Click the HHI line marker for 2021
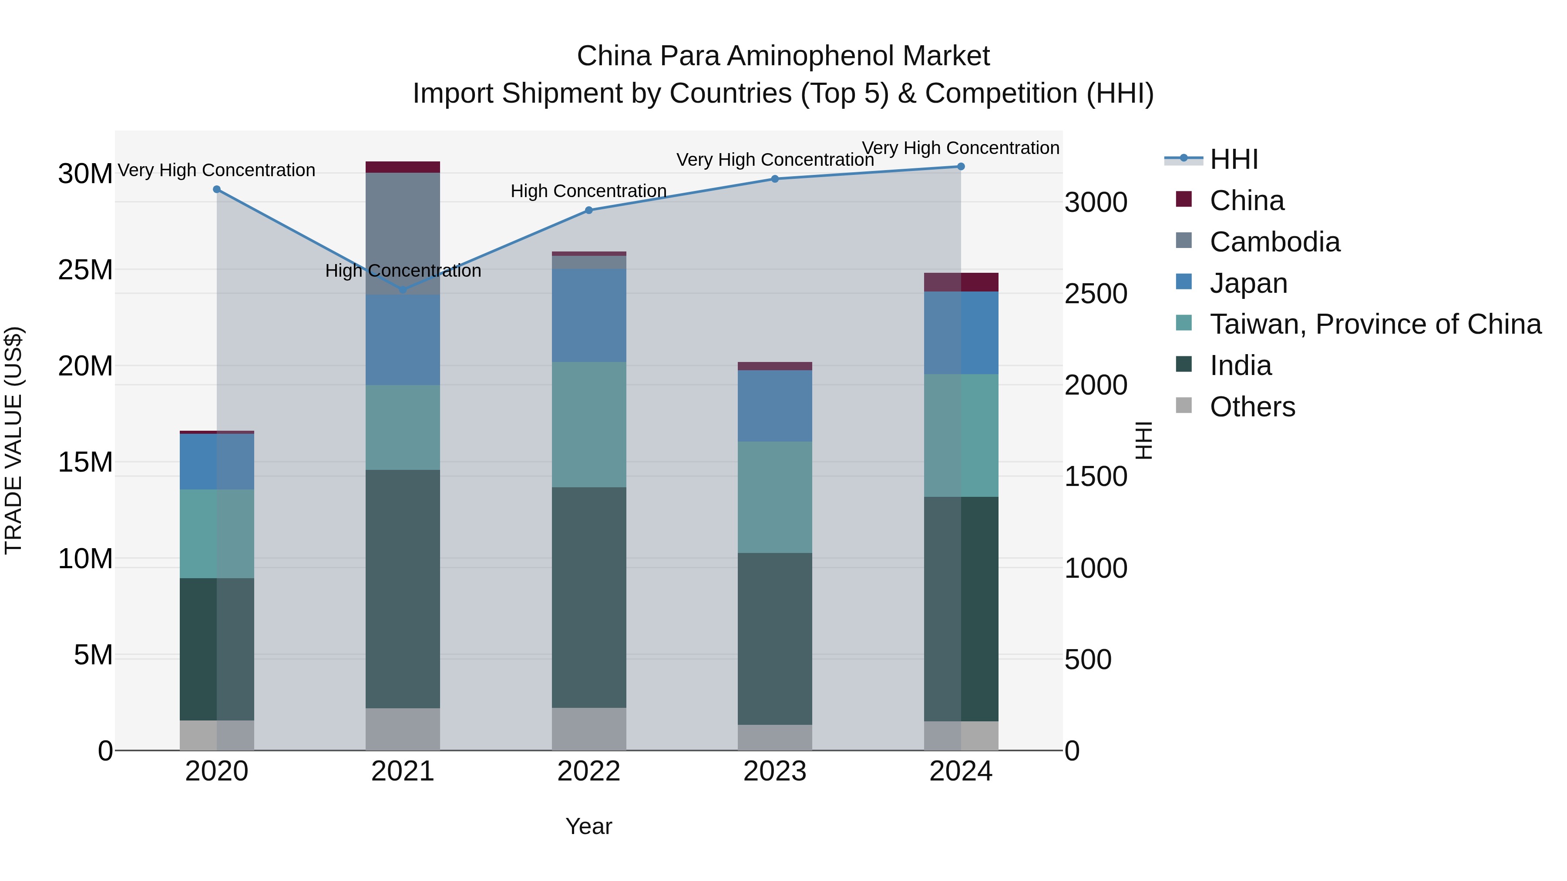403,290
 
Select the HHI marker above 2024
961,167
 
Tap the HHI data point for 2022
589,211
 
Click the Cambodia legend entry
1274,242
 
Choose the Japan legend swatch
1184,282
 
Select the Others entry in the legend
1252,407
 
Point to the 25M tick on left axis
85,270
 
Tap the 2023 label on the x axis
775,771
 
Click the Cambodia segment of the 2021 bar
403,234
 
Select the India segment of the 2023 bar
775,638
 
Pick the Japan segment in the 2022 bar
589,315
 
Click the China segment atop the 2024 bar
961,282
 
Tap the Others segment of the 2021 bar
403,729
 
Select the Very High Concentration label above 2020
217,170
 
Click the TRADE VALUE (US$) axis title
13,440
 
